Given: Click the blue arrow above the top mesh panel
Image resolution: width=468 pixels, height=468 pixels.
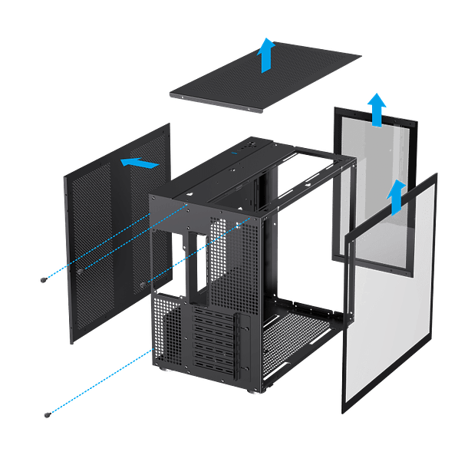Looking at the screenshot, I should click(x=267, y=55).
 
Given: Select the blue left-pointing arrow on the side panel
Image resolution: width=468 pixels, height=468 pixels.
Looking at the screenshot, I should click(x=140, y=163).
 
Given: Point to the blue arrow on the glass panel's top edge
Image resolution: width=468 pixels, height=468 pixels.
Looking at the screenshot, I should click(x=396, y=198).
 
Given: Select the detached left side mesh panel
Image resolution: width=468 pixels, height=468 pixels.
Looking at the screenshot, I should click(x=115, y=230).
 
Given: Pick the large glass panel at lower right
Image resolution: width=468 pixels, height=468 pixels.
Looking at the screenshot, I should click(x=391, y=307).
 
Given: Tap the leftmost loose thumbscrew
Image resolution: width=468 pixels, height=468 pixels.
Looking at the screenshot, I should click(x=42, y=281).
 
